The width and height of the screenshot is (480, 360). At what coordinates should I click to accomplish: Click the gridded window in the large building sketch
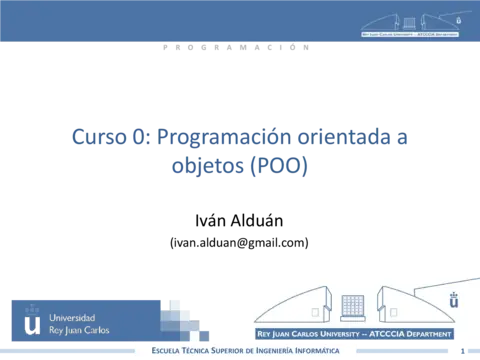352,303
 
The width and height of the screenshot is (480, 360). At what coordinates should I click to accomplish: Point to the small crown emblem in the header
460,19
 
